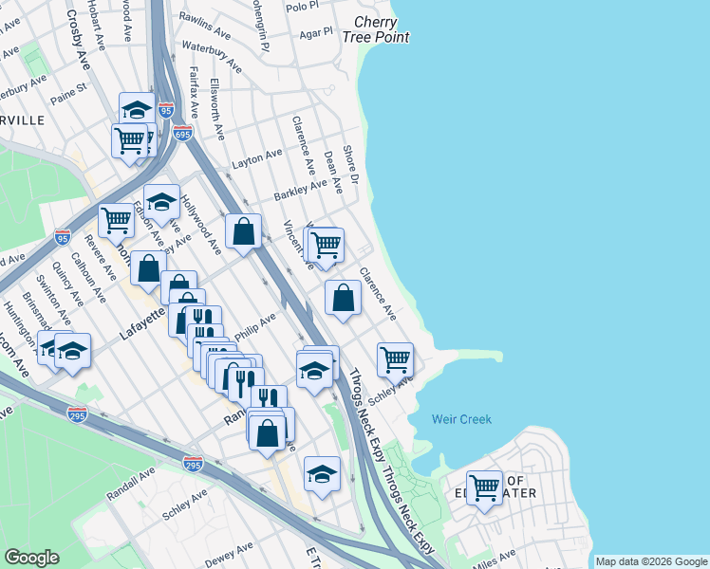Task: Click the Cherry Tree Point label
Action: pos(382,29)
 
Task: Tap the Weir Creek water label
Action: pos(461,419)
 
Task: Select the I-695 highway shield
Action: pos(182,133)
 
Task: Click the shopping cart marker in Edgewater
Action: pos(485,487)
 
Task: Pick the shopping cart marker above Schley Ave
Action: pos(395,359)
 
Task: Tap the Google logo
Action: pos(31,558)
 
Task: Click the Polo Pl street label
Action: pos(302,7)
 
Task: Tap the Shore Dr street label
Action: pos(351,164)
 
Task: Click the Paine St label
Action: pos(68,90)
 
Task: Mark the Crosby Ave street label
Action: pos(77,33)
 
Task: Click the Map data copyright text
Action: pos(650,561)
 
